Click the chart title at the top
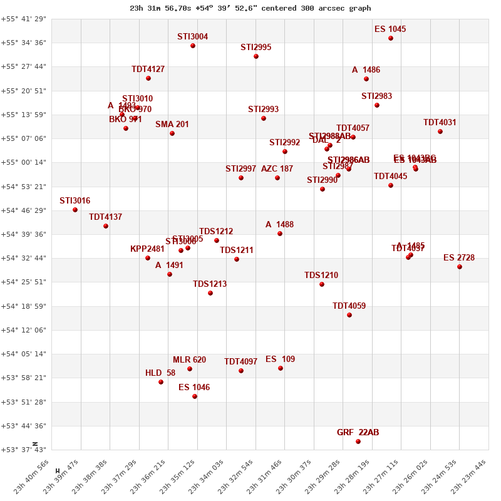point(250,8)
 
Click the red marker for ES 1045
point(391,38)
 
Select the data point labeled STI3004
point(193,46)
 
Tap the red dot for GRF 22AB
point(358,442)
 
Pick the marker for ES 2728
point(460,267)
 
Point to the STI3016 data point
point(75,210)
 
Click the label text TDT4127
point(148,70)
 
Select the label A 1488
point(279,225)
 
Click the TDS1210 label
point(321,276)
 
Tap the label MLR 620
point(189,360)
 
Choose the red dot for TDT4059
point(349,315)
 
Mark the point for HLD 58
point(161,382)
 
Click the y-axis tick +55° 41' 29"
point(23,19)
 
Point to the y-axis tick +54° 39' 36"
point(23,234)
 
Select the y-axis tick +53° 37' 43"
point(23,450)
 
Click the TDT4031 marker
point(440,132)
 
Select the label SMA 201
point(172,125)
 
